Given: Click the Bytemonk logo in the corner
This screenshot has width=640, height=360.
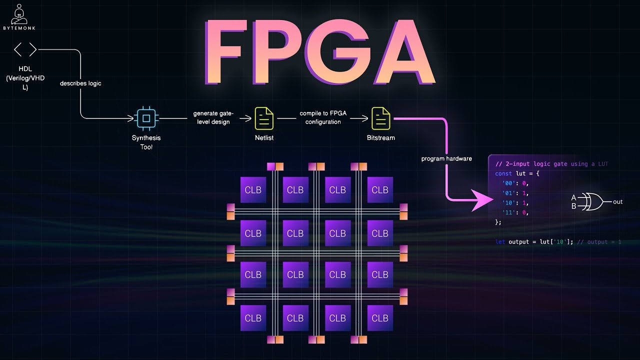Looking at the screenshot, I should tap(19, 17).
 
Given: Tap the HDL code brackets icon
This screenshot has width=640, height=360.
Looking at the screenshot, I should tap(25, 49).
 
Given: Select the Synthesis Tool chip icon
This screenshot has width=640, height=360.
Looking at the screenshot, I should tap(146, 118).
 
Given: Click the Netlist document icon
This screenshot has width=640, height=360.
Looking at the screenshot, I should tap(264, 118).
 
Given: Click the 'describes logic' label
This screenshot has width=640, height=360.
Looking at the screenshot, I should tap(80, 83).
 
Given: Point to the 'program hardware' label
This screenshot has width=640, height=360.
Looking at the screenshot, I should tap(446, 159).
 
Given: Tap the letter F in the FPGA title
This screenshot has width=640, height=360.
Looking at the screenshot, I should tap(227, 52).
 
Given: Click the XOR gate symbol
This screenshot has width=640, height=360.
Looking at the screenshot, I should tap(594, 201).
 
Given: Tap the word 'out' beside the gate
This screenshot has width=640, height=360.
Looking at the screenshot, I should tap(617, 202).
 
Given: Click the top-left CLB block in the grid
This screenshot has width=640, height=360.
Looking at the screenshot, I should tap(253, 190).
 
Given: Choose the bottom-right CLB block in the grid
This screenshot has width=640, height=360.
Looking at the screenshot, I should tap(379, 318).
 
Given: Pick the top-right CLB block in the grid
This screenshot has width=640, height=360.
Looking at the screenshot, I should tap(379, 190).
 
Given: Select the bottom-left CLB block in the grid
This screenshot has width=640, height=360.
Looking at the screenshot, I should tap(253, 318).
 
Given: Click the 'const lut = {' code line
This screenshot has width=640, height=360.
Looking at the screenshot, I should tap(517, 173).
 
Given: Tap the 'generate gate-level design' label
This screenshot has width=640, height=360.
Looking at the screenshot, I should tap(211, 118).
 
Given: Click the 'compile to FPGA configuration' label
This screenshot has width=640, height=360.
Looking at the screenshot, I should tap(323, 118).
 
